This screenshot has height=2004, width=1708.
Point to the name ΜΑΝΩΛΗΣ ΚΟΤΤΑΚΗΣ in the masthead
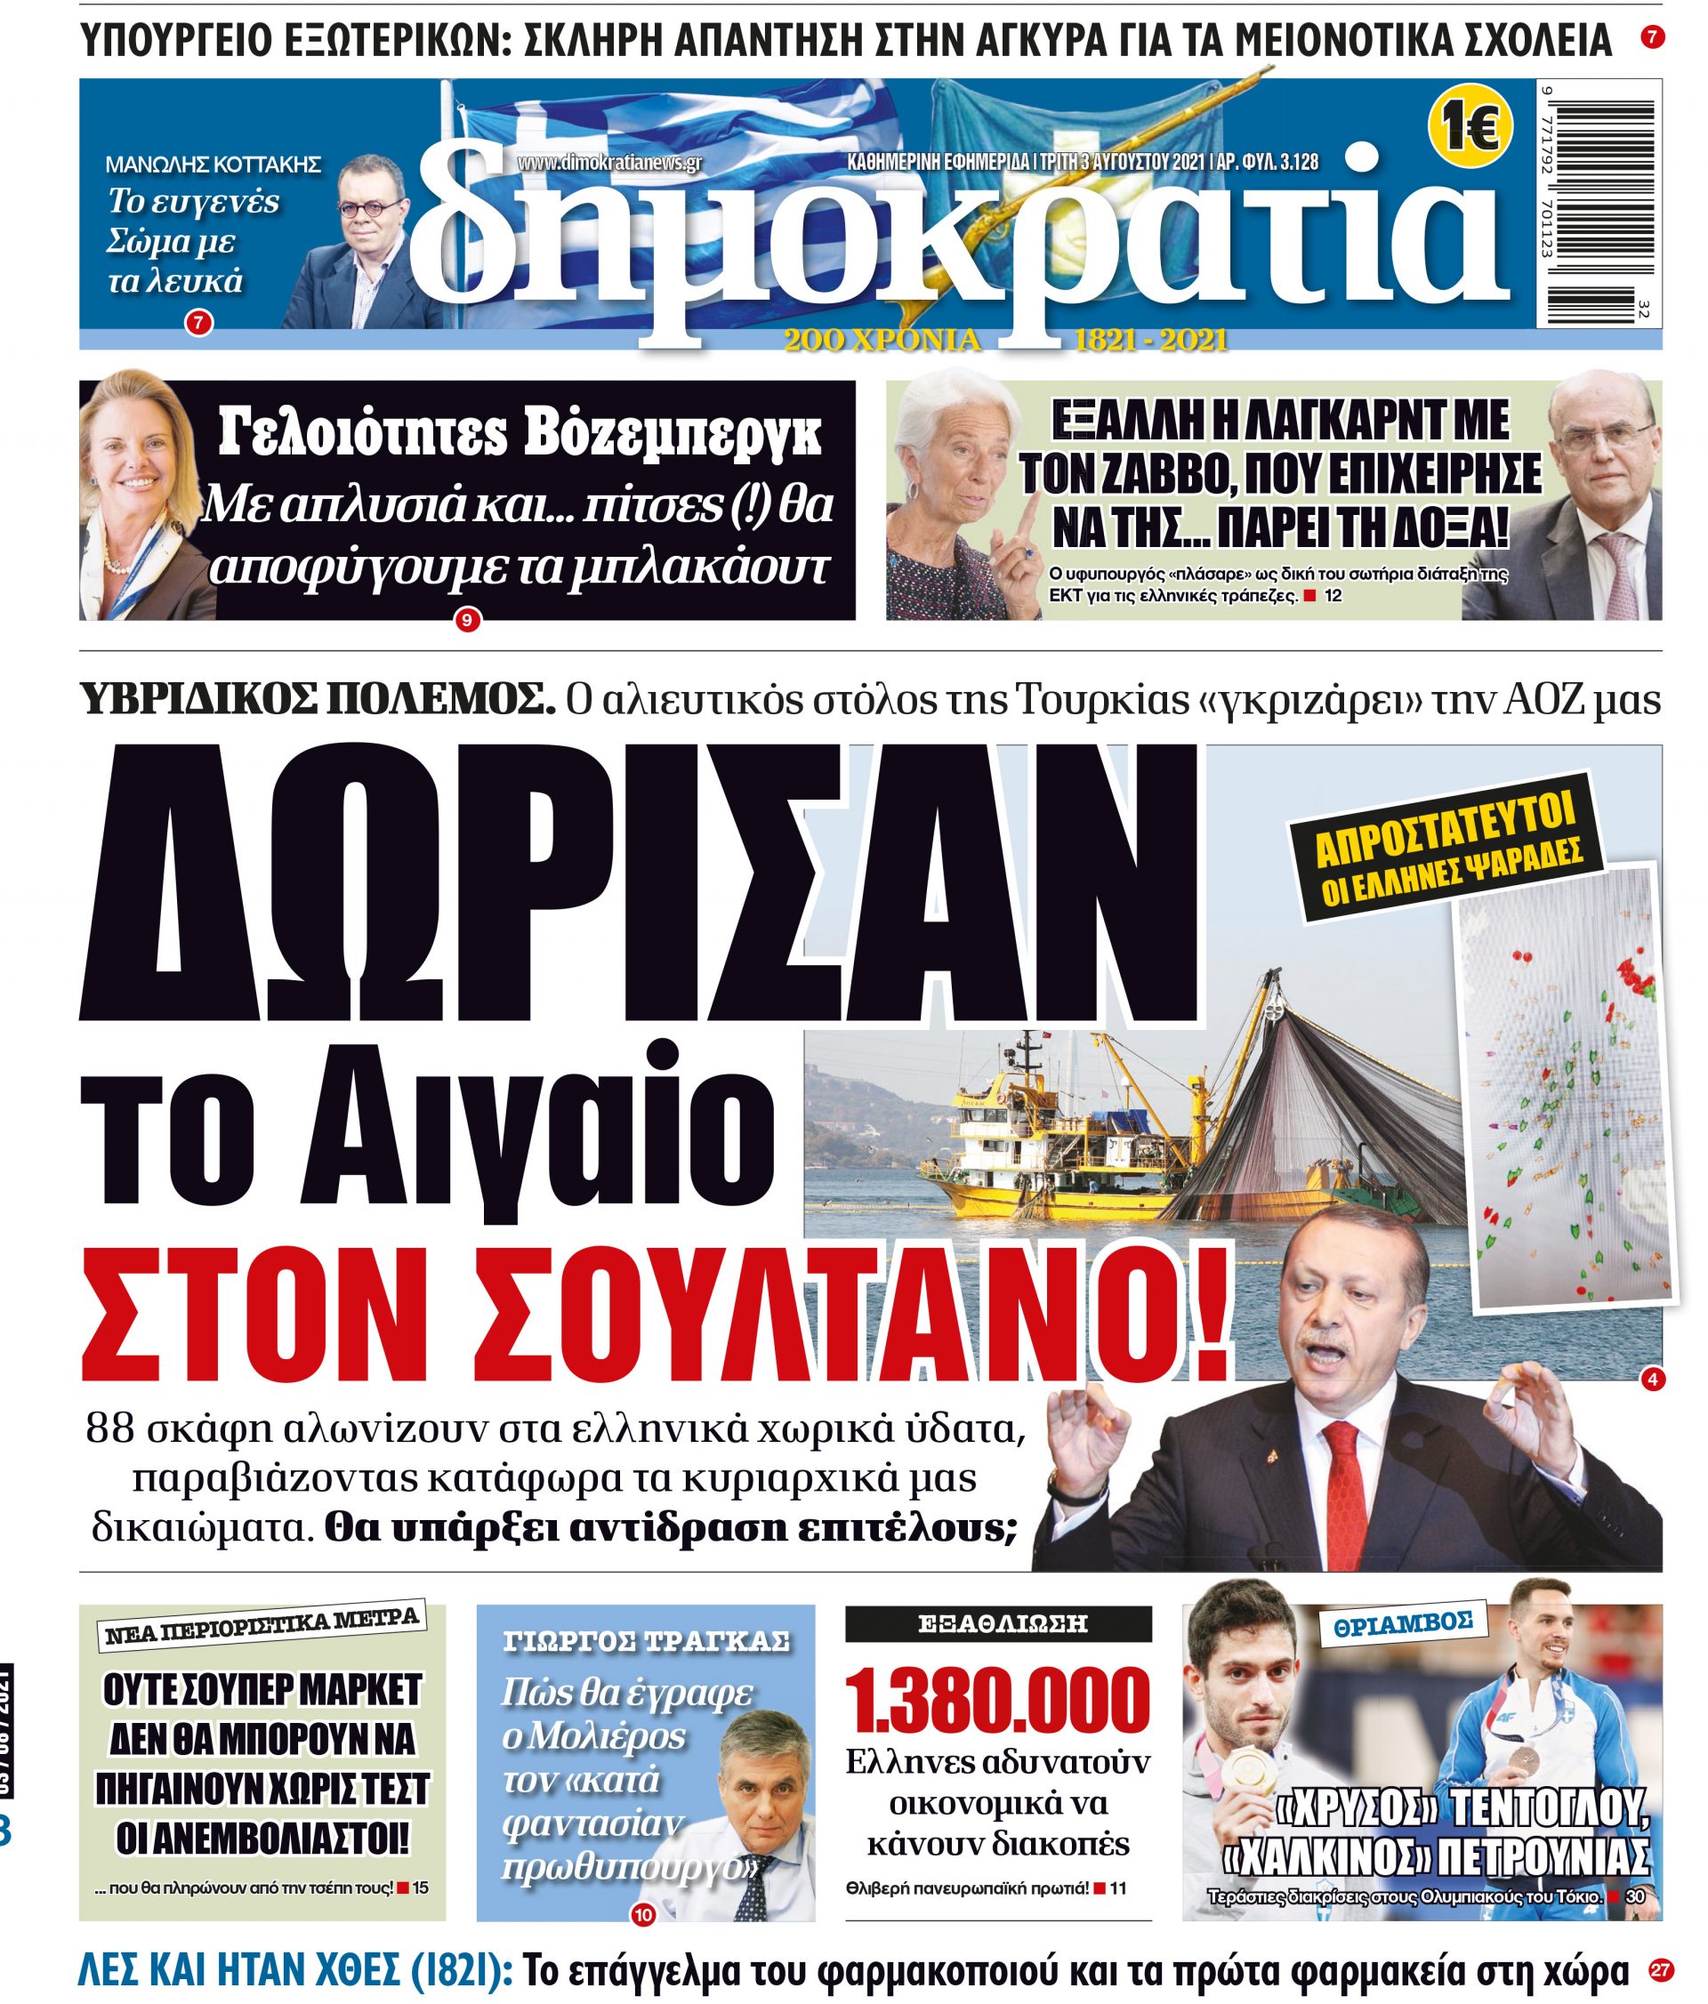click(x=213, y=165)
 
